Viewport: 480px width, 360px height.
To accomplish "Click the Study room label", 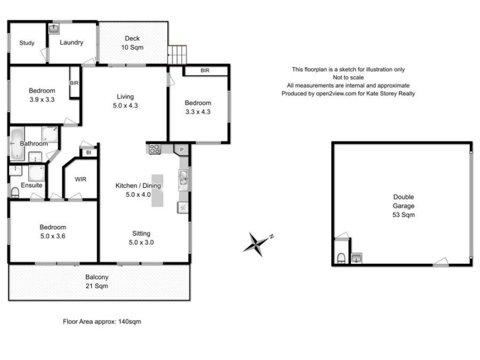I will [x=26, y=43].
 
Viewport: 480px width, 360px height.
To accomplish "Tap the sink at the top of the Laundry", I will [x=55, y=28].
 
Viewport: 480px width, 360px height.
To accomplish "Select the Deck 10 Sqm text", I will [x=133, y=43].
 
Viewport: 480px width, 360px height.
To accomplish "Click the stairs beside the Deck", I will [x=178, y=55].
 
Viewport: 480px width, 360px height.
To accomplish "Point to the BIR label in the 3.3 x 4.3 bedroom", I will [x=205, y=71].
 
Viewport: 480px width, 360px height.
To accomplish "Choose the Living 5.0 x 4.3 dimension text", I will [x=125, y=101].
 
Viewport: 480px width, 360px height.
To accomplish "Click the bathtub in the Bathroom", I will [x=16, y=144].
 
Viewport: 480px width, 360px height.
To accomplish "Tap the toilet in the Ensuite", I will [x=15, y=192].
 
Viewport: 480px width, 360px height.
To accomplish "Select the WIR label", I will [x=81, y=179].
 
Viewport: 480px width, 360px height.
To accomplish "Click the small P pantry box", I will [x=181, y=148].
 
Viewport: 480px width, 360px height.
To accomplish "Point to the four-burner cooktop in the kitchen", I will [x=155, y=148].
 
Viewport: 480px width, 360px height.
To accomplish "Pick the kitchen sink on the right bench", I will [x=183, y=177].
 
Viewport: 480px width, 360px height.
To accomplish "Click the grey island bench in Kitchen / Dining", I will [x=157, y=191].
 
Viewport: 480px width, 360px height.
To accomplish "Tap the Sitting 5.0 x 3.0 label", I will [x=141, y=238].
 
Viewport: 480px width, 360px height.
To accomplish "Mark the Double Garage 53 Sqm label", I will [x=403, y=205].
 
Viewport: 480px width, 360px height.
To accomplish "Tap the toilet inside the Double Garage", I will [x=340, y=258].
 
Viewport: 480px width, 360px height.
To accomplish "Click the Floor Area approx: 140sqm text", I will [x=102, y=322].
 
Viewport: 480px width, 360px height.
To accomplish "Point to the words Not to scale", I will [x=348, y=77].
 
